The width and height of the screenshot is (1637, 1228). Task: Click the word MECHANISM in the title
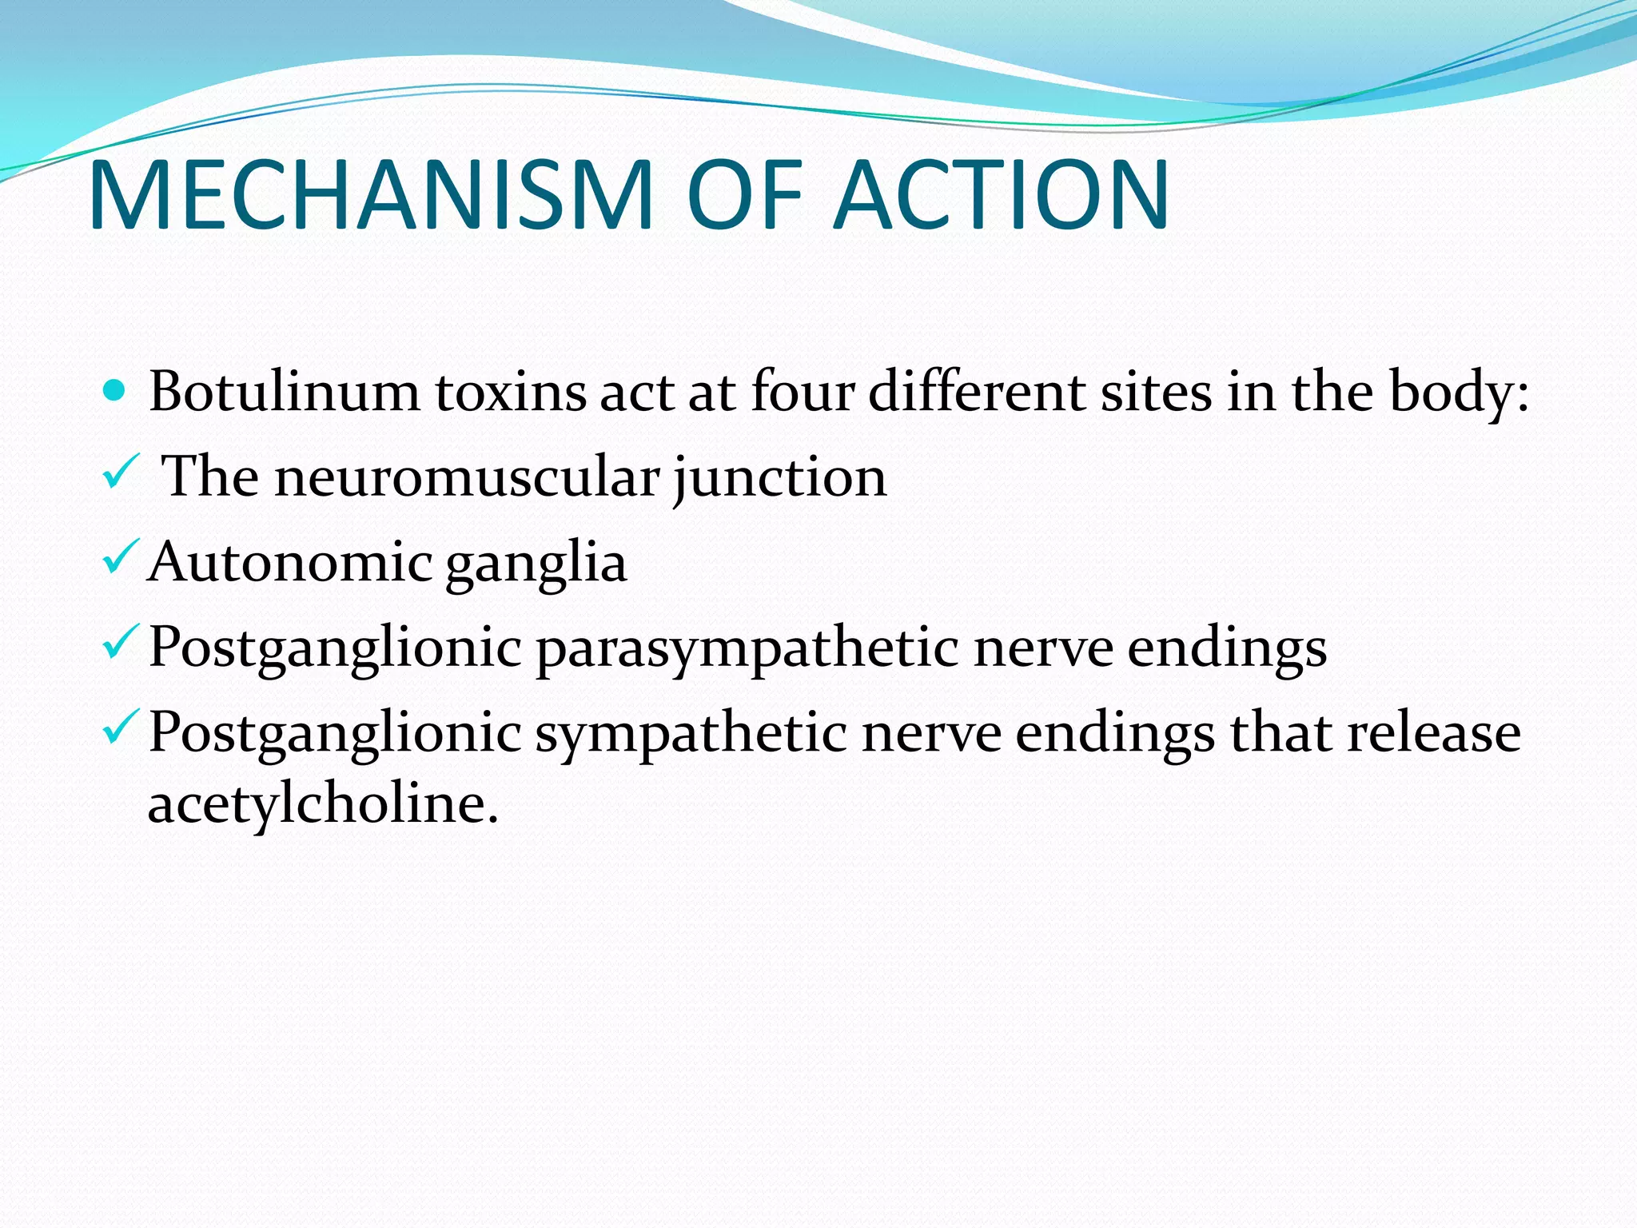[x=372, y=195]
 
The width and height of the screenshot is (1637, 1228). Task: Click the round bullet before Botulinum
[x=116, y=391]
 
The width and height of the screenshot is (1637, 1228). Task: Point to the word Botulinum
[x=284, y=393]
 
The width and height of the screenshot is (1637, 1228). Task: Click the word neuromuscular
[x=468, y=478]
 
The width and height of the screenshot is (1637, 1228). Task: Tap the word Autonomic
[x=289, y=562]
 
